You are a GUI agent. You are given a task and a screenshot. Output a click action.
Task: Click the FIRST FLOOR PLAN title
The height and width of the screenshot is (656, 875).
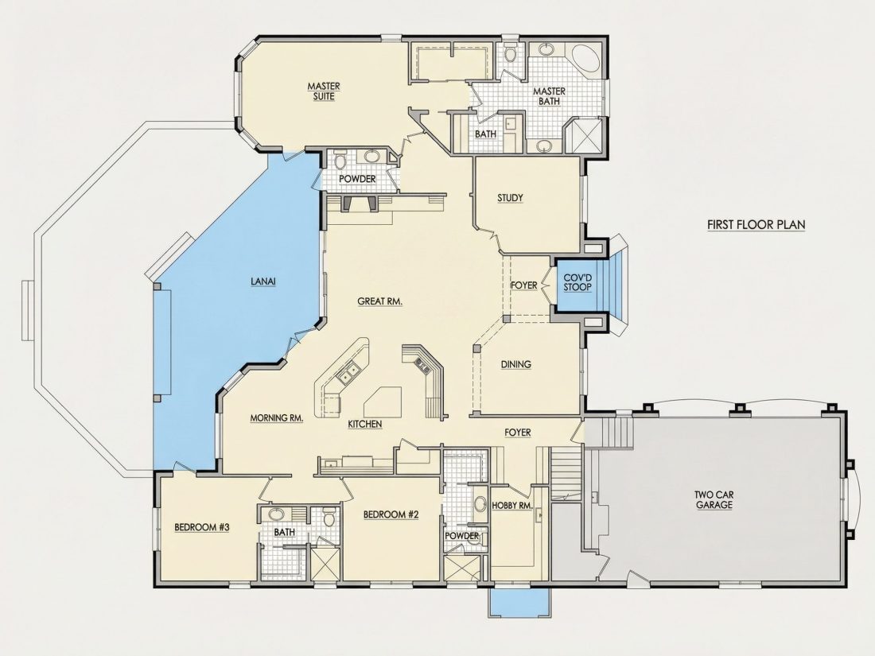[x=756, y=225]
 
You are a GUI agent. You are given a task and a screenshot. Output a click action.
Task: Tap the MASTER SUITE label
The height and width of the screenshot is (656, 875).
[x=324, y=91]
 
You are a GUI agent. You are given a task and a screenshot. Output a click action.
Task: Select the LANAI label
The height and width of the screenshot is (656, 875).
[x=262, y=281]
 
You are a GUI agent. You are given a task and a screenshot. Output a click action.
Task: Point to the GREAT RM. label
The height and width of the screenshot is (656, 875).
[x=380, y=301]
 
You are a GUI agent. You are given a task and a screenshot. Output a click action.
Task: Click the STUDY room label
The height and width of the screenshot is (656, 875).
[x=510, y=197]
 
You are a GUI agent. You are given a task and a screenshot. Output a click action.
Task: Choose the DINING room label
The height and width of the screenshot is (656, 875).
[x=515, y=364]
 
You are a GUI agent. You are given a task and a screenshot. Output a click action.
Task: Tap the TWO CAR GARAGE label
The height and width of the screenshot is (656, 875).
[x=714, y=499]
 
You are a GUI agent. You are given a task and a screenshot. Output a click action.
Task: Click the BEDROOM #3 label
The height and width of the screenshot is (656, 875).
[x=202, y=527]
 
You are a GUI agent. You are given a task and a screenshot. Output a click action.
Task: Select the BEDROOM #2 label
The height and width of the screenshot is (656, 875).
[x=391, y=514]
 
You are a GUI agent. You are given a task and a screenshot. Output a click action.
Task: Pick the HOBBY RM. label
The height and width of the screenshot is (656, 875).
[x=511, y=506]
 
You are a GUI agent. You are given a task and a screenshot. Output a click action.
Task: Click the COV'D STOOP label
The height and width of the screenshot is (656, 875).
[x=577, y=282]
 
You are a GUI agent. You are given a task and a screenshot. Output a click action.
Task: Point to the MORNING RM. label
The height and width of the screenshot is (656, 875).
[x=277, y=417]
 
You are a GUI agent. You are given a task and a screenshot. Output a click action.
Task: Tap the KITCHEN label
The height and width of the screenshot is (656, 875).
[x=365, y=424]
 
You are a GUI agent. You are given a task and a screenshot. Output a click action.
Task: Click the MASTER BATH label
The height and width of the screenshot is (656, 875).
[x=549, y=96]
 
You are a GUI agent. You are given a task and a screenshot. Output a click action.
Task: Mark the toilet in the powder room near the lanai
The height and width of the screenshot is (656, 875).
[x=340, y=161]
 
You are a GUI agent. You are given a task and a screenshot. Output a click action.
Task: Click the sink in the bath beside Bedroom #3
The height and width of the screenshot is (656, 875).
[x=276, y=514]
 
